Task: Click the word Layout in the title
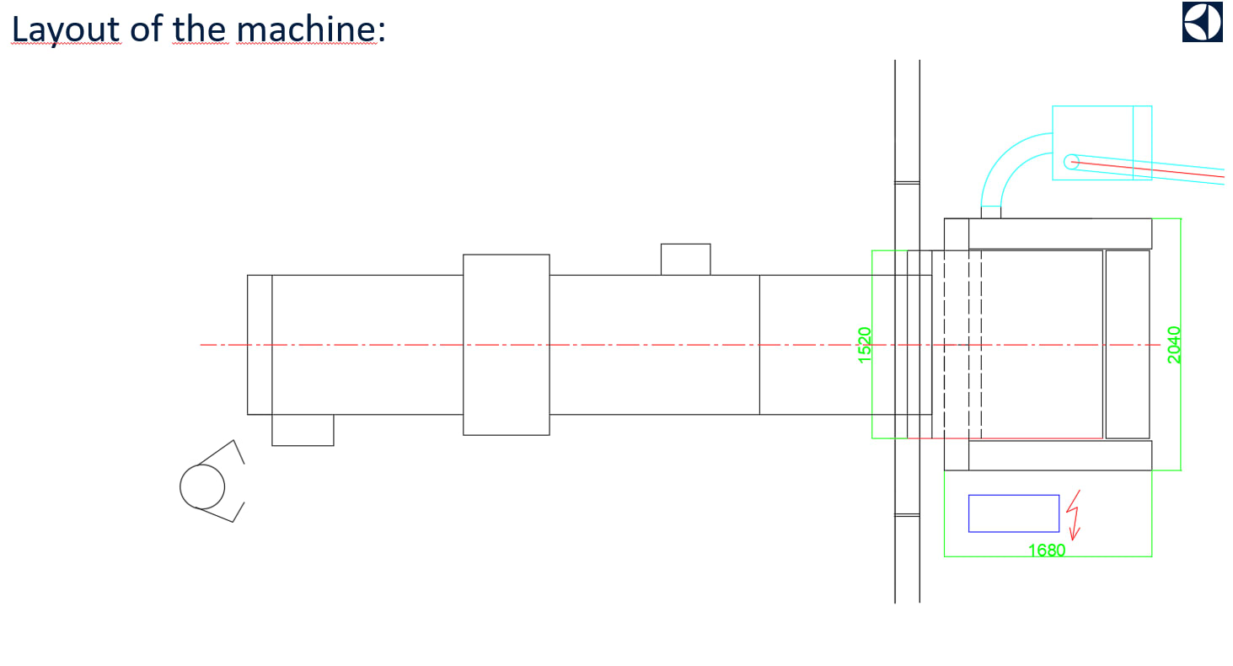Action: [x=66, y=30]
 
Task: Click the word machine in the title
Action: [x=307, y=30]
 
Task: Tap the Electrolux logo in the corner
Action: [x=1203, y=21]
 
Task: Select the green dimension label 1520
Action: [x=865, y=345]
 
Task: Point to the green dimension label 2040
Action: [x=1174, y=345]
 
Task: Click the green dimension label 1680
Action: [x=1047, y=551]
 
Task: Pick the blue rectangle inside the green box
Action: [x=1014, y=513]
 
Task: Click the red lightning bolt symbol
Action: [x=1074, y=515]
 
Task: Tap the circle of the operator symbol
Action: [x=202, y=486]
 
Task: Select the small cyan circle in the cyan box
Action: [x=1071, y=162]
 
